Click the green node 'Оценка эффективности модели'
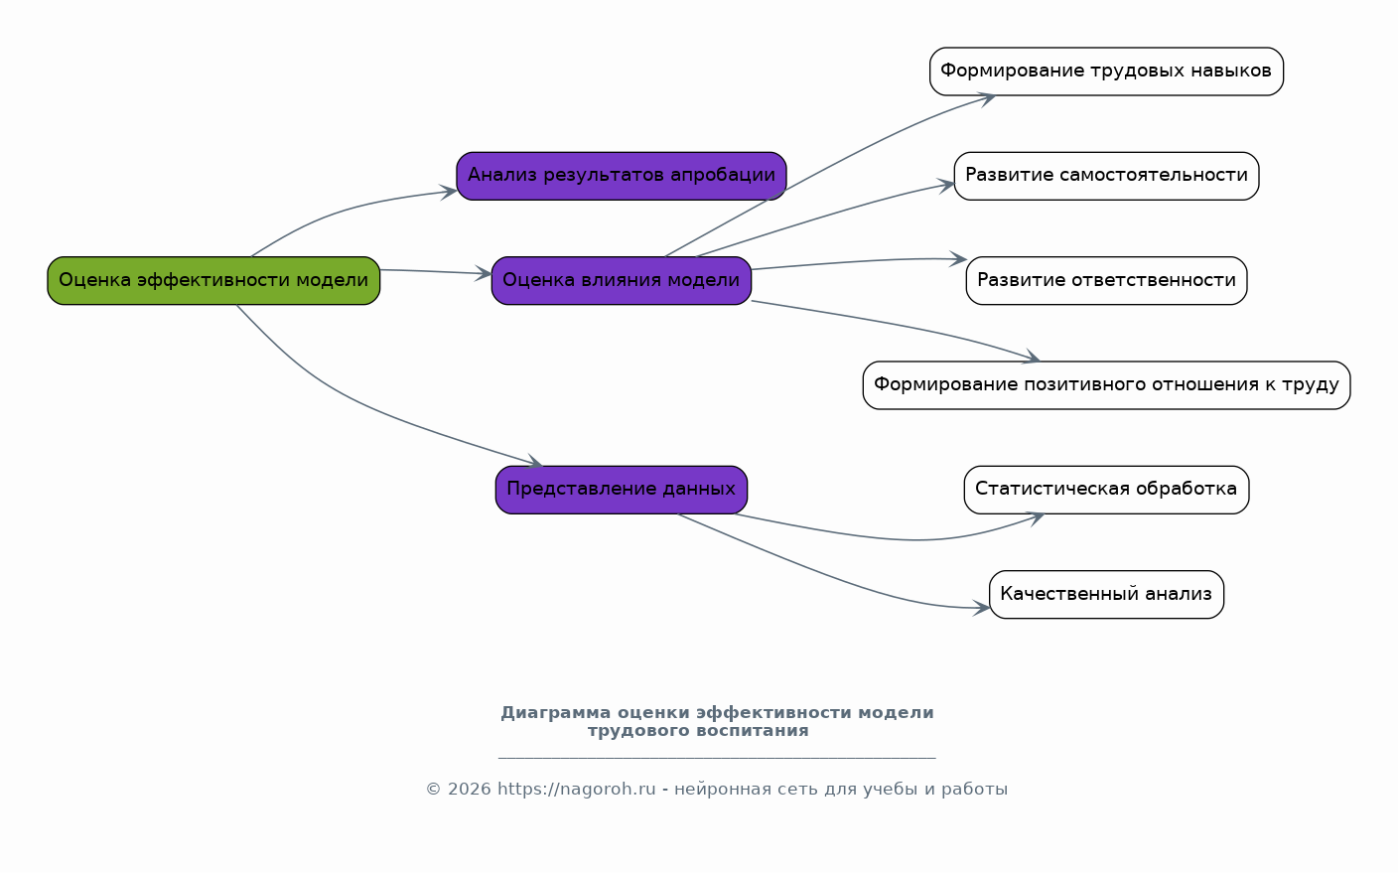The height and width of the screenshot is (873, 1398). coord(213,281)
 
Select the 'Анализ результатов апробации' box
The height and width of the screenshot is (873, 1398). coord(621,176)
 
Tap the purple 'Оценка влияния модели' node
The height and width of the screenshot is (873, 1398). coord(621,281)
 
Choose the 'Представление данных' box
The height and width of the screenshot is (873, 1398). coord(621,491)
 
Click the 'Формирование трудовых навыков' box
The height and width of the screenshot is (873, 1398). coord(1106,72)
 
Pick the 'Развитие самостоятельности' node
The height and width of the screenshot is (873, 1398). coord(1106,176)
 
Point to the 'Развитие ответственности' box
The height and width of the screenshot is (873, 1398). coord(1106,281)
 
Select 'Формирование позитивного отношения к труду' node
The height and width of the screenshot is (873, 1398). coord(1106,385)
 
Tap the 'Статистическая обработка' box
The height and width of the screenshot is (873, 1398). coord(1106,491)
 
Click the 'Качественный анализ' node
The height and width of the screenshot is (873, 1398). coord(1106,595)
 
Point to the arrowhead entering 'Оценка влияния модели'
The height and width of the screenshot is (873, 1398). coord(485,273)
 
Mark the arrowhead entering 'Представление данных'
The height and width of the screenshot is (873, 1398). coord(535,462)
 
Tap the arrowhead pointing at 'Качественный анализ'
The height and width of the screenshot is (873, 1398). coord(982,608)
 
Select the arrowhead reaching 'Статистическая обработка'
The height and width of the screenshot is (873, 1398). coord(1036,518)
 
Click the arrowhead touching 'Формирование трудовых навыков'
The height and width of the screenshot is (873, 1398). coord(987,99)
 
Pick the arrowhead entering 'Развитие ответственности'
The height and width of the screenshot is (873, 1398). coord(958,258)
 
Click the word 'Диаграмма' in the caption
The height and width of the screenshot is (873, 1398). coord(556,712)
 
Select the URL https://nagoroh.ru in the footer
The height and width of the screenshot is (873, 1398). coord(576,790)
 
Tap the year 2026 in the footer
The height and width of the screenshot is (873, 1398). coord(470,790)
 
